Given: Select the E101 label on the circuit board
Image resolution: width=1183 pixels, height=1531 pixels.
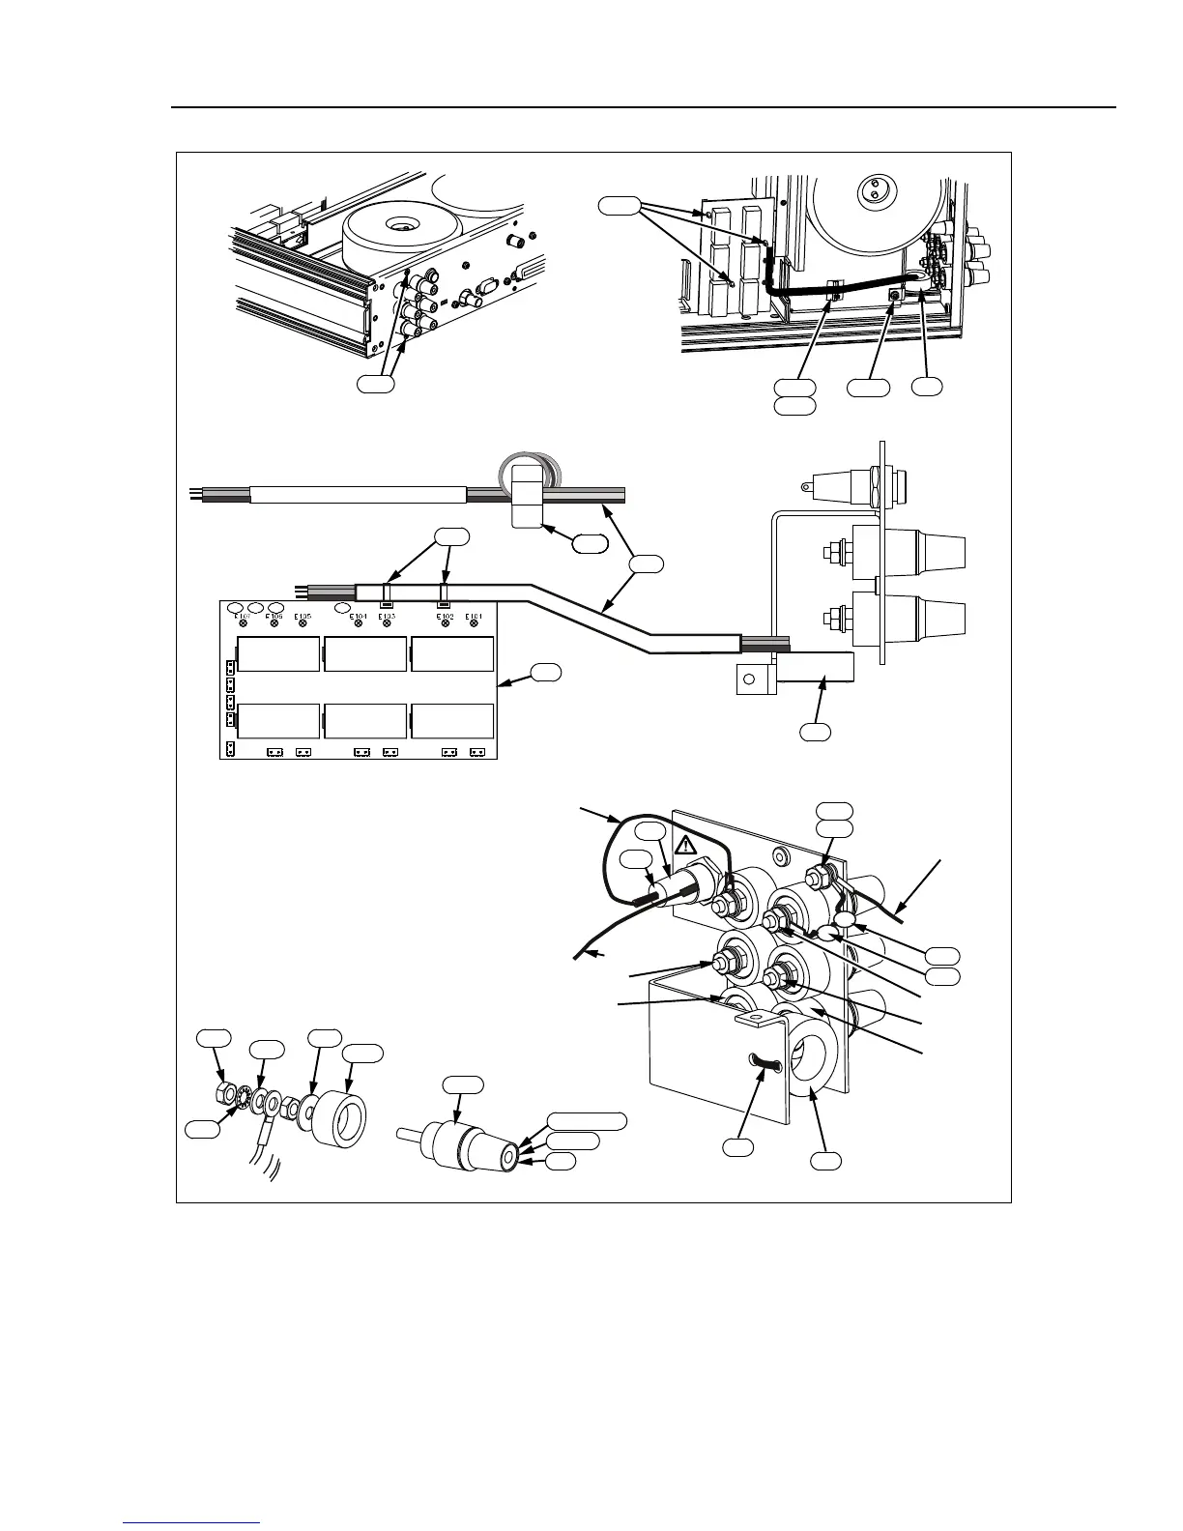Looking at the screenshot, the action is [474, 616].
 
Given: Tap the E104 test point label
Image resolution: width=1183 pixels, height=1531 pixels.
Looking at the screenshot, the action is [359, 616].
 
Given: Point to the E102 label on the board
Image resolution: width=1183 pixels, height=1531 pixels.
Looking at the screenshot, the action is [445, 616].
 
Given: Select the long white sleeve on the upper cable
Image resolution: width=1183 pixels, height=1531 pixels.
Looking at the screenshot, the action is [358, 495].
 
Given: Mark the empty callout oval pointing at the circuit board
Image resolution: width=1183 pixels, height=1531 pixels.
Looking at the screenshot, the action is [546, 671].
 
